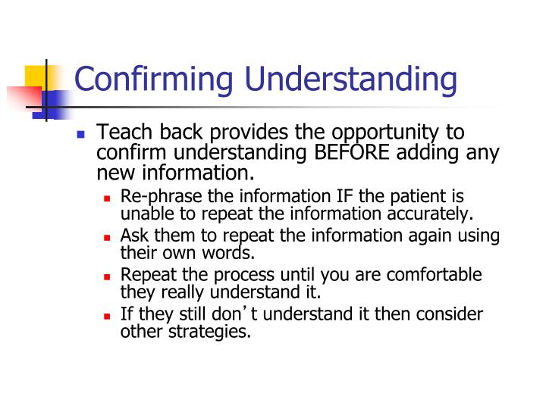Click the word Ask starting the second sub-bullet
coord(134,236)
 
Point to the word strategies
coord(210,330)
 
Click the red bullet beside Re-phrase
coord(108,198)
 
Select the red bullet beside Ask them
coord(108,237)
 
